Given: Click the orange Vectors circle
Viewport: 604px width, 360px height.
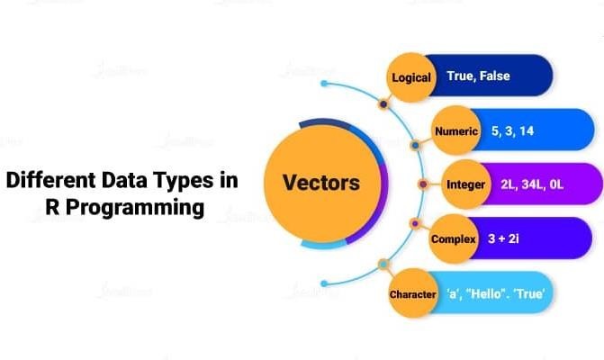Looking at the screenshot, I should point(321,184).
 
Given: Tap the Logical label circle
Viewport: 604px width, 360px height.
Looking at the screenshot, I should point(410,76).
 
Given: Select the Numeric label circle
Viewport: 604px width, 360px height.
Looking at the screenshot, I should point(455,131).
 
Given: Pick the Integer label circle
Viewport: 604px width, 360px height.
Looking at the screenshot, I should point(465,184).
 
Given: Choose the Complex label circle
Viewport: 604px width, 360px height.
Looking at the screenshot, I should point(453,239).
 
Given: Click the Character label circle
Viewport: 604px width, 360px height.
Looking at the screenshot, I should point(412,294).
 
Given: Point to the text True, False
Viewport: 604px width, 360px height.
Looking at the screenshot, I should point(478,76).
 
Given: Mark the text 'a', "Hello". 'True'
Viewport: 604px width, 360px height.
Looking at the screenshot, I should point(497,294).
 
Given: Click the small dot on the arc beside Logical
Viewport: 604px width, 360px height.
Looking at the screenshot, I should point(383,104).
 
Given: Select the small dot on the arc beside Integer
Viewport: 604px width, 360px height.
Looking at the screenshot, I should point(423,184).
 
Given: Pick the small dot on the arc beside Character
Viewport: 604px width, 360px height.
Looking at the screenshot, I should point(383,265).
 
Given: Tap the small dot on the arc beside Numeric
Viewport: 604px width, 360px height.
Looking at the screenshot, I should point(414,144).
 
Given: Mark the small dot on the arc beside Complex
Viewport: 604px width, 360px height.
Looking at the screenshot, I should point(414,223).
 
